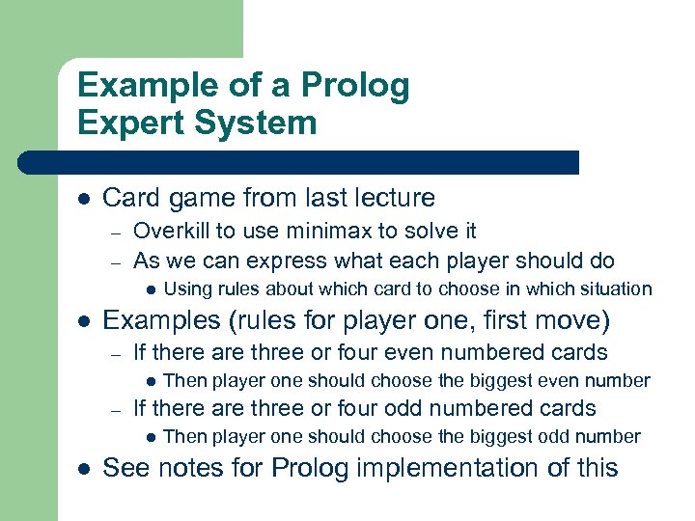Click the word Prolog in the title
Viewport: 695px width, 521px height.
click(x=355, y=86)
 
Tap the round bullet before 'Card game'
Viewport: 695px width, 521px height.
click(x=84, y=199)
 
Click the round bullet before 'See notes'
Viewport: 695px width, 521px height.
click(x=84, y=469)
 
